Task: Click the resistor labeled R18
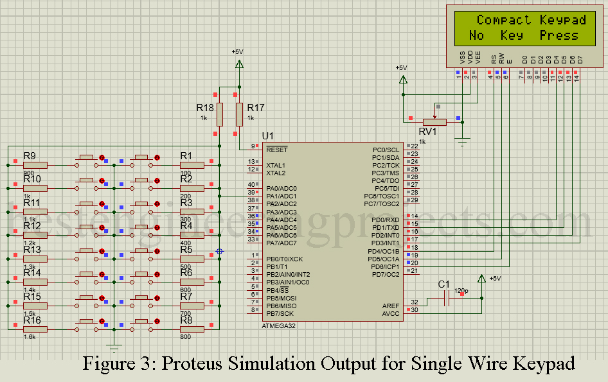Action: pos(220,114)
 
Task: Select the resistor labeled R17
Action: pos(240,114)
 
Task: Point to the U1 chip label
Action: pos(268,136)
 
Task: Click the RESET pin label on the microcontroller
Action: pos(277,149)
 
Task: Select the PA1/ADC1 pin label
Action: pos(282,196)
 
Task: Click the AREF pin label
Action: pos(391,306)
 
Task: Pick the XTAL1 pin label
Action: pos(276,165)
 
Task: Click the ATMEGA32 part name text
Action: pos(279,326)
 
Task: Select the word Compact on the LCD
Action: pos(503,20)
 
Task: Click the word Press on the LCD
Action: pos(559,35)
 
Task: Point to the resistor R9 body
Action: pos(35,165)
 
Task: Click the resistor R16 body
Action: pos(35,329)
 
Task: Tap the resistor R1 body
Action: pos(192,165)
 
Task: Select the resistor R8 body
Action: pos(192,329)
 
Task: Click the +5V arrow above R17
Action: pos(240,64)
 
